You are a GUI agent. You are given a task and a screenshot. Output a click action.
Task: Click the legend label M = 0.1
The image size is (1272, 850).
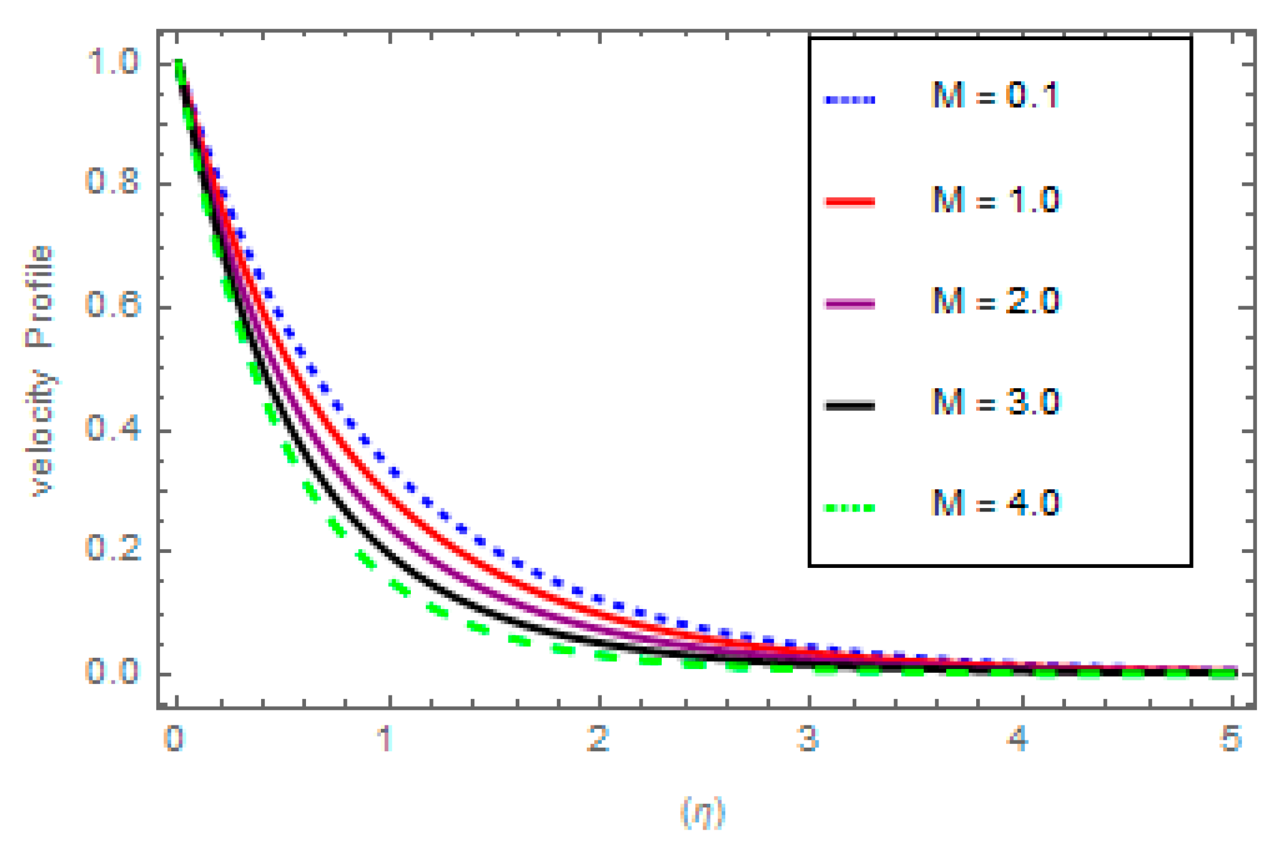[995, 96]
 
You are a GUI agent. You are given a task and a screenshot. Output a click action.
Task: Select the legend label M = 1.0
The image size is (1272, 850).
[995, 199]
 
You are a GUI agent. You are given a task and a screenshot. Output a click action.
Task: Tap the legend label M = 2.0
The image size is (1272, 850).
[995, 301]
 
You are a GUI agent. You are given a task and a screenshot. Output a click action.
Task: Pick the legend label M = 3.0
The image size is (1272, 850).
[995, 402]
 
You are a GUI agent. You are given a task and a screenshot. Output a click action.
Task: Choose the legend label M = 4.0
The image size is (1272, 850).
[995, 503]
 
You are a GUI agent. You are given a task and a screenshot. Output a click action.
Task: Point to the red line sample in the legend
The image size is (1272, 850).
[850, 202]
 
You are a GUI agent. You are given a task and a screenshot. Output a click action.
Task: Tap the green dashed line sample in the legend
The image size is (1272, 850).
[850, 508]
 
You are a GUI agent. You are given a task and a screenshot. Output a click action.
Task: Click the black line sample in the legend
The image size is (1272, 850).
[850, 406]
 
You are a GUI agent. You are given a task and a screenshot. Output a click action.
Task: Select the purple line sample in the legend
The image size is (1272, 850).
[850, 304]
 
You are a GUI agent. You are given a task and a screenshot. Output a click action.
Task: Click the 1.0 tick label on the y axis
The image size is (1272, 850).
[113, 62]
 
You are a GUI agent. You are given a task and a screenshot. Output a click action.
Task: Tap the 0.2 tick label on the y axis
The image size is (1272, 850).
[113, 549]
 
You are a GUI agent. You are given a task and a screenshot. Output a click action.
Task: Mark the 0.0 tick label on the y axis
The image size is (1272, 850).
[113, 672]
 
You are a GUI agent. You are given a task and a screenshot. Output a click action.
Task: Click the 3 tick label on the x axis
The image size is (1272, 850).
[808, 739]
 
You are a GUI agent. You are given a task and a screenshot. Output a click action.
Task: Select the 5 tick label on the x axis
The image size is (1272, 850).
[1230, 739]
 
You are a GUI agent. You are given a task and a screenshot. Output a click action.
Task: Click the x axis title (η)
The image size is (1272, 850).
[702, 813]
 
